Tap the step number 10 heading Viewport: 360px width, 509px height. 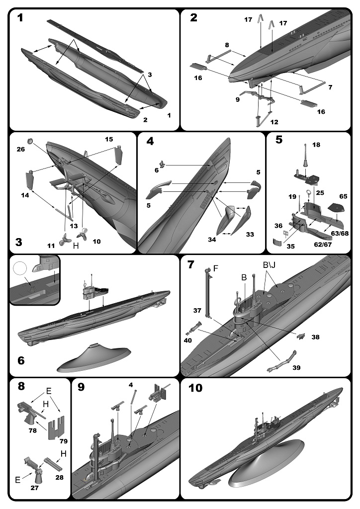(196, 388)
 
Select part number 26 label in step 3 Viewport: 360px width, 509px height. (20, 148)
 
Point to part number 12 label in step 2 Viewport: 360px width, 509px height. (274, 122)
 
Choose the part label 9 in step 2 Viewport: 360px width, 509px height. (237, 99)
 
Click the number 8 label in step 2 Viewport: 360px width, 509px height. (226, 45)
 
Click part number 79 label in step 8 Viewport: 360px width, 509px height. (63, 441)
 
